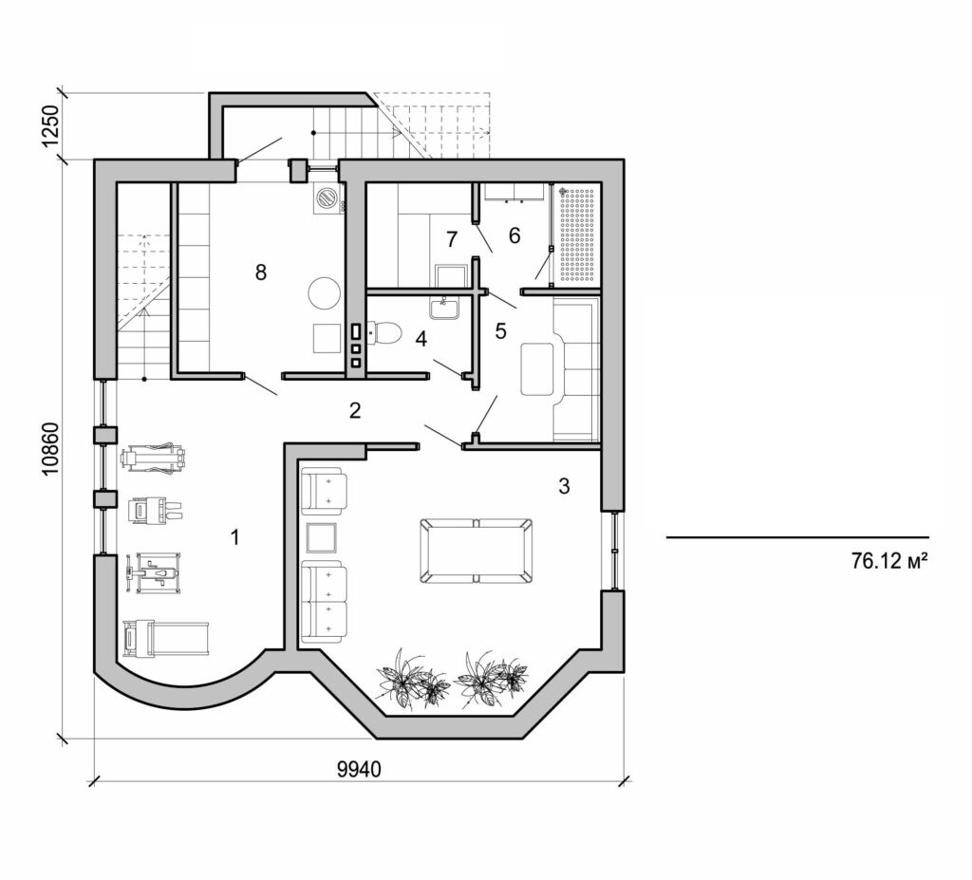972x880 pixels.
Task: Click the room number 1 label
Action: pyautogui.click(x=234, y=537)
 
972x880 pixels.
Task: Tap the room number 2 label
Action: pyautogui.click(x=355, y=410)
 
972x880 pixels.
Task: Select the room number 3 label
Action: pyautogui.click(x=564, y=487)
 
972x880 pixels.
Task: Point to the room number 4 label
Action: pyautogui.click(x=421, y=337)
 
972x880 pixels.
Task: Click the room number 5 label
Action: pyautogui.click(x=501, y=331)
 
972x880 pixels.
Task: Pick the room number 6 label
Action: pyautogui.click(x=514, y=235)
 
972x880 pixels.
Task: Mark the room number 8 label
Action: pyautogui.click(x=261, y=272)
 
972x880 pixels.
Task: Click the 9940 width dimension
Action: pyautogui.click(x=359, y=769)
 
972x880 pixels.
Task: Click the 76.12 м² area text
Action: pyautogui.click(x=888, y=561)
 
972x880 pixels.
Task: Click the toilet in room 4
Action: pyautogui.click(x=386, y=333)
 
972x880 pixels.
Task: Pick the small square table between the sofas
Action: pyautogui.click(x=323, y=538)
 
